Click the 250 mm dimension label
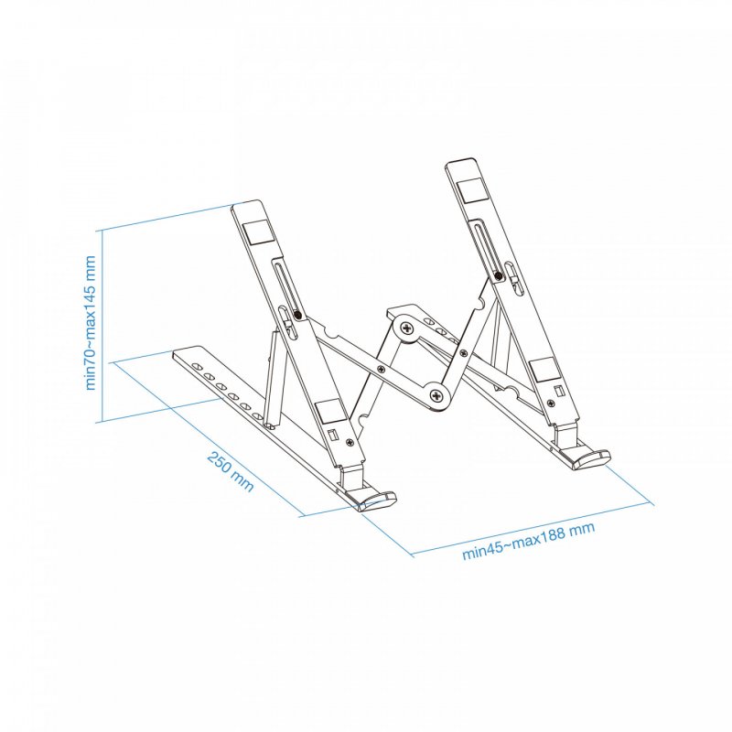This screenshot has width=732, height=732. click(231, 470)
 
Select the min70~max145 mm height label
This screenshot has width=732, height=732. click(91, 323)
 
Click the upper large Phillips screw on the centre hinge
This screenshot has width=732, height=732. click(404, 324)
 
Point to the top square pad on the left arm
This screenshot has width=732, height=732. click(257, 229)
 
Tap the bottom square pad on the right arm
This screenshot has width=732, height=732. click(542, 370)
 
